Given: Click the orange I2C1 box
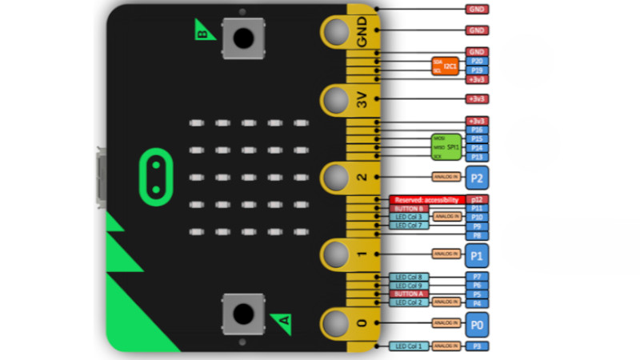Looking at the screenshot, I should click(445, 66).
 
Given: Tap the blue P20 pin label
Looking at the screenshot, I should click(477, 61).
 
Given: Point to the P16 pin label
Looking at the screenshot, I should click(477, 130).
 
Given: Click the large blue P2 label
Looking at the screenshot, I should click(478, 178).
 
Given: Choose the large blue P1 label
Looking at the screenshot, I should click(478, 255).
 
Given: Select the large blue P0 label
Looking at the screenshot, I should click(478, 324).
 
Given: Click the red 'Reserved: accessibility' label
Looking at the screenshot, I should click(426, 199).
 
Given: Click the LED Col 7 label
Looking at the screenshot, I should click(408, 226).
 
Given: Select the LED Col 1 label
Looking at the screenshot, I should click(408, 346).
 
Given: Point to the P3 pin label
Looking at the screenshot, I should click(477, 346).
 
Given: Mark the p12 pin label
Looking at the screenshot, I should click(477, 199).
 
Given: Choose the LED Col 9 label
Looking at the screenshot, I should click(408, 285).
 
